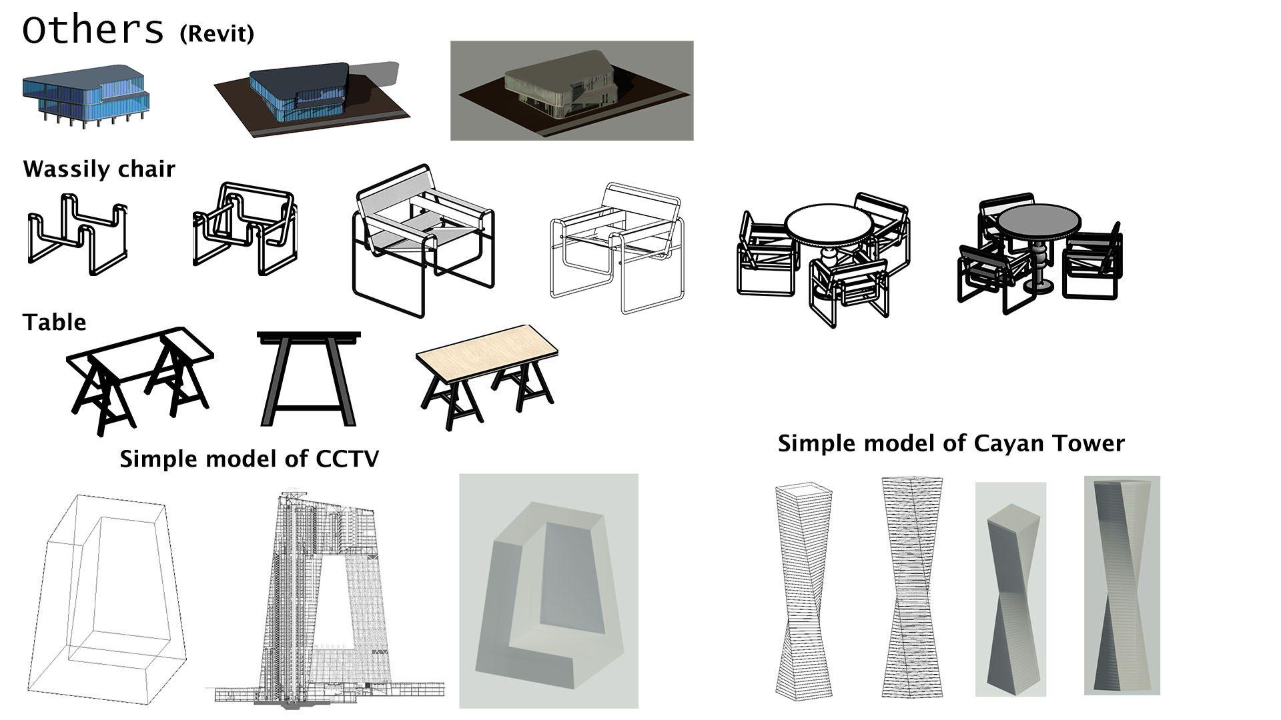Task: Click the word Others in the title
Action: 93,30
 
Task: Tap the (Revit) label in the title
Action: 217,33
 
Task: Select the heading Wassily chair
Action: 99,169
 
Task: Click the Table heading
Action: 55,323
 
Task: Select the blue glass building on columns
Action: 85,97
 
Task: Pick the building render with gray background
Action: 572,91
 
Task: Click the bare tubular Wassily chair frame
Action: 77,235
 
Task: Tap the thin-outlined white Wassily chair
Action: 617,249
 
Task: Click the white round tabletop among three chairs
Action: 829,225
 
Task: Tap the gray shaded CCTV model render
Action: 548,591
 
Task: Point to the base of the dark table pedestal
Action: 1039,287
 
